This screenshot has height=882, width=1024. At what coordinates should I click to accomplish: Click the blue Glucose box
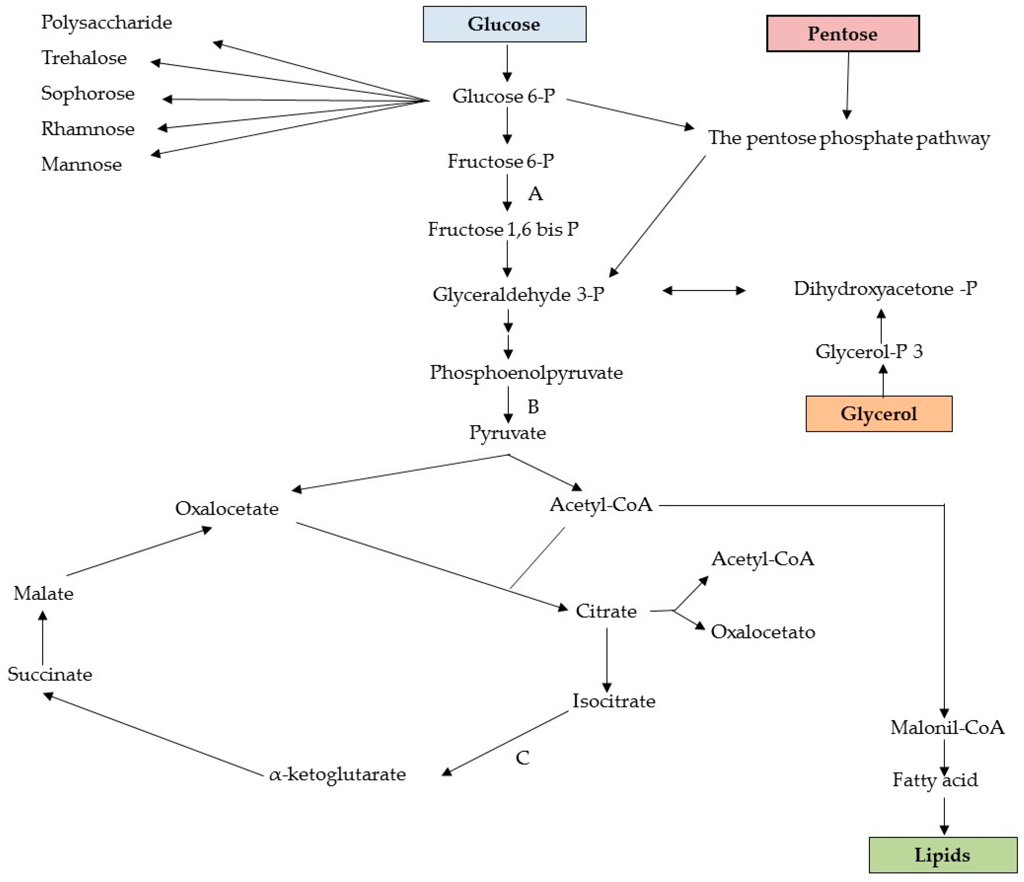[x=504, y=24]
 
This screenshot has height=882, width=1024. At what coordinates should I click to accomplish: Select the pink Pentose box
[x=843, y=34]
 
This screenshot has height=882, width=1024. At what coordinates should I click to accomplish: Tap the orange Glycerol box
[x=879, y=414]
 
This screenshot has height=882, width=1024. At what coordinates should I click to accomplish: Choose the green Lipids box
[x=943, y=855]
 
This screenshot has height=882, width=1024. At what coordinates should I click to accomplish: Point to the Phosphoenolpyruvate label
[x=526, y=373]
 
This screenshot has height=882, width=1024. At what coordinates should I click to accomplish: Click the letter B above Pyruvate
[x=533, y=407]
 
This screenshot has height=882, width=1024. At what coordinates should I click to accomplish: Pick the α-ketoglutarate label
[x=337, y=774]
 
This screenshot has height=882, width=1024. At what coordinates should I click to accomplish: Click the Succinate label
[x=50, y=675]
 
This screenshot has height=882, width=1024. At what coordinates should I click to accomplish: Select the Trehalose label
[x=84, y=58]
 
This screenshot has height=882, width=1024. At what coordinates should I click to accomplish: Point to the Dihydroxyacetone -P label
[x=885, y=288]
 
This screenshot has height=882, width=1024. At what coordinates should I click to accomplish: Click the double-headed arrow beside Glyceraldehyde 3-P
[x=704, y=291]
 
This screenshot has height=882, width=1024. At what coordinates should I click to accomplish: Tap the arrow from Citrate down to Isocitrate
[x=607, y=660]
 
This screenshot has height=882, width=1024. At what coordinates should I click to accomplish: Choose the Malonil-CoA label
[x=947, y=727]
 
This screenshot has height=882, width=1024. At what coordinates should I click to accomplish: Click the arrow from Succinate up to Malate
[x=43, y=638]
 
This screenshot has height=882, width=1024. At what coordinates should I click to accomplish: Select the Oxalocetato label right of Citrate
[x=763, y=632]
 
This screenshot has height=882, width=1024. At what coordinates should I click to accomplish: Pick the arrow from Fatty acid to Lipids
[x=945, y=816]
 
